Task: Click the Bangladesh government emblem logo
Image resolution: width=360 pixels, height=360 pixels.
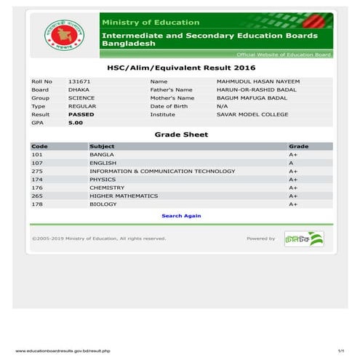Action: (63, 35)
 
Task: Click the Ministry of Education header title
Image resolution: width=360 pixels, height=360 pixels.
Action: (150, 23)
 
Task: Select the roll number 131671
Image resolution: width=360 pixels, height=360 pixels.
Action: (79, 81)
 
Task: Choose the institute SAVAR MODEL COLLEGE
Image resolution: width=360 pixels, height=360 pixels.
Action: (242, 114)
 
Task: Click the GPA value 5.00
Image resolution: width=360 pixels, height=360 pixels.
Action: (76, 123)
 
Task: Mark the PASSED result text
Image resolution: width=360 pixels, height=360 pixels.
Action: (81, 114)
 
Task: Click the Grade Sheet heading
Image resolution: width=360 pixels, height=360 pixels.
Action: (181, 135)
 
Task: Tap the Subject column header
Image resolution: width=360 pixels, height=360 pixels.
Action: (102, 146)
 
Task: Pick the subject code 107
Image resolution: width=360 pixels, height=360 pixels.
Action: (38, 163)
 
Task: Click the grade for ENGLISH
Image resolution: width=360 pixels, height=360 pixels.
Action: (292, 163)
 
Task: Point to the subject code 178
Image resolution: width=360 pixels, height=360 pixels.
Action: (38, 204)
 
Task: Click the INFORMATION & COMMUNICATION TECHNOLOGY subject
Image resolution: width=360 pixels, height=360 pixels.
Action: (162, 171)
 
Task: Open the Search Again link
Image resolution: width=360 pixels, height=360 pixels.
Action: (181, 216)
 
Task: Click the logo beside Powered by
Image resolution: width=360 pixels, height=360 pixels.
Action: (304, 239)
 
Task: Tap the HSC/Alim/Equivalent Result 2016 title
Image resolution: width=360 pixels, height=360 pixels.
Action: (181, 67)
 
